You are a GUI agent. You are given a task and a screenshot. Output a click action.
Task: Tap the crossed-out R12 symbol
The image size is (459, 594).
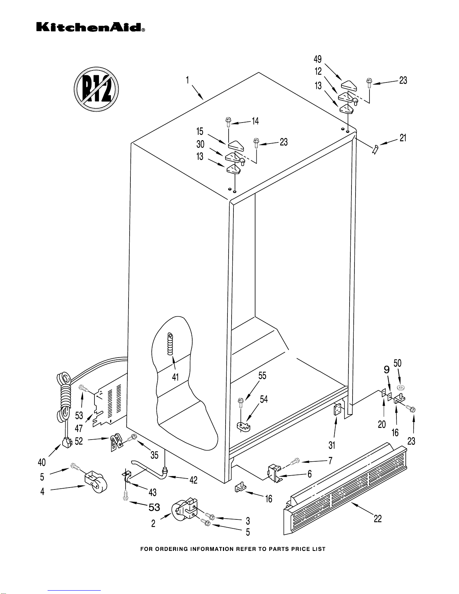(x=96, y=89)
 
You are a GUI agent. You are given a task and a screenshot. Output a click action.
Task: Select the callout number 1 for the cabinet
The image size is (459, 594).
(x=187, y=80)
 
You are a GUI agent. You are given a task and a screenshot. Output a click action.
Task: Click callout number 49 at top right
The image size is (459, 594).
(x=318, y=59)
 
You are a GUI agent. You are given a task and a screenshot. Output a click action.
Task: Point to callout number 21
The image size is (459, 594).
(x=403, y=138)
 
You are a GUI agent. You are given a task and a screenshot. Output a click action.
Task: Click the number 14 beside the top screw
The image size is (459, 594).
(x=255, y=121)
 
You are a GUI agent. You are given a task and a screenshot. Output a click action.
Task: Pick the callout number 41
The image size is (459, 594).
(x=175, y=377)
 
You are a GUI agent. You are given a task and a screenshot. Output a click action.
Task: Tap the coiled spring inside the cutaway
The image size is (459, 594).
(x=170, y=344)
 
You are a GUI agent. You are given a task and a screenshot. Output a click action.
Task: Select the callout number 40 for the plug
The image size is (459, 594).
(x=42, y=462)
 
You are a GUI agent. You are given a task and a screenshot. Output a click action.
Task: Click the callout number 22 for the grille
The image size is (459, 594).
(x=378, y=519)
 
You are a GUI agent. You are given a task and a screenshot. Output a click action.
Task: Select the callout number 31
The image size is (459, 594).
(x=332, y=445)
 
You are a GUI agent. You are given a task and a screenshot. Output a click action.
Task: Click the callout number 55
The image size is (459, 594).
(x=262, y=376)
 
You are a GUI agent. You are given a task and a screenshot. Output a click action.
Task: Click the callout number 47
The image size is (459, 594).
(x=79, y=428)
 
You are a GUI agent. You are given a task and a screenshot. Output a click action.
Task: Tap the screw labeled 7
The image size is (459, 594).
(x=295, y=462)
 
